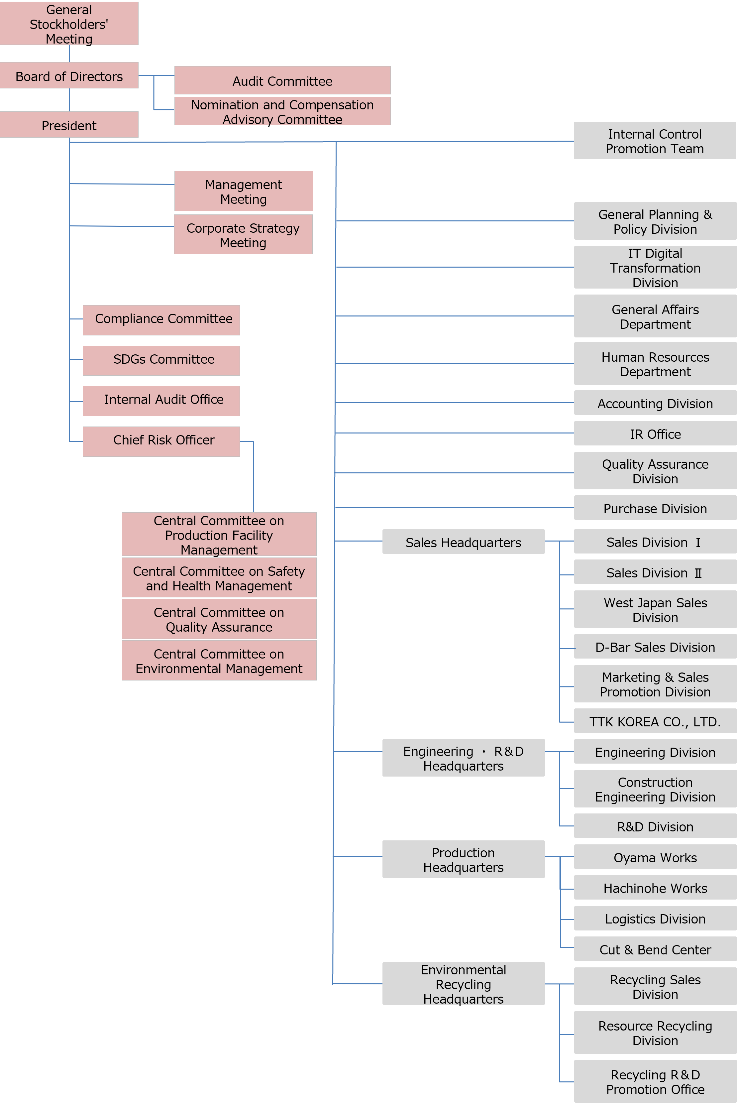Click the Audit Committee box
pyautogui.click(x=282, y=80)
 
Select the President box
pyautogui.click(x=69, y=125)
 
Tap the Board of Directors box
pyautogui.click(x=69, y=76)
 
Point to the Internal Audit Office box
pyautogui.click(x=161, y=401)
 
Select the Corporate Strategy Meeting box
pyautogui.click(x=243, y=235)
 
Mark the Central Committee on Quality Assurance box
pyautogui.click(x=219, y=619)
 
